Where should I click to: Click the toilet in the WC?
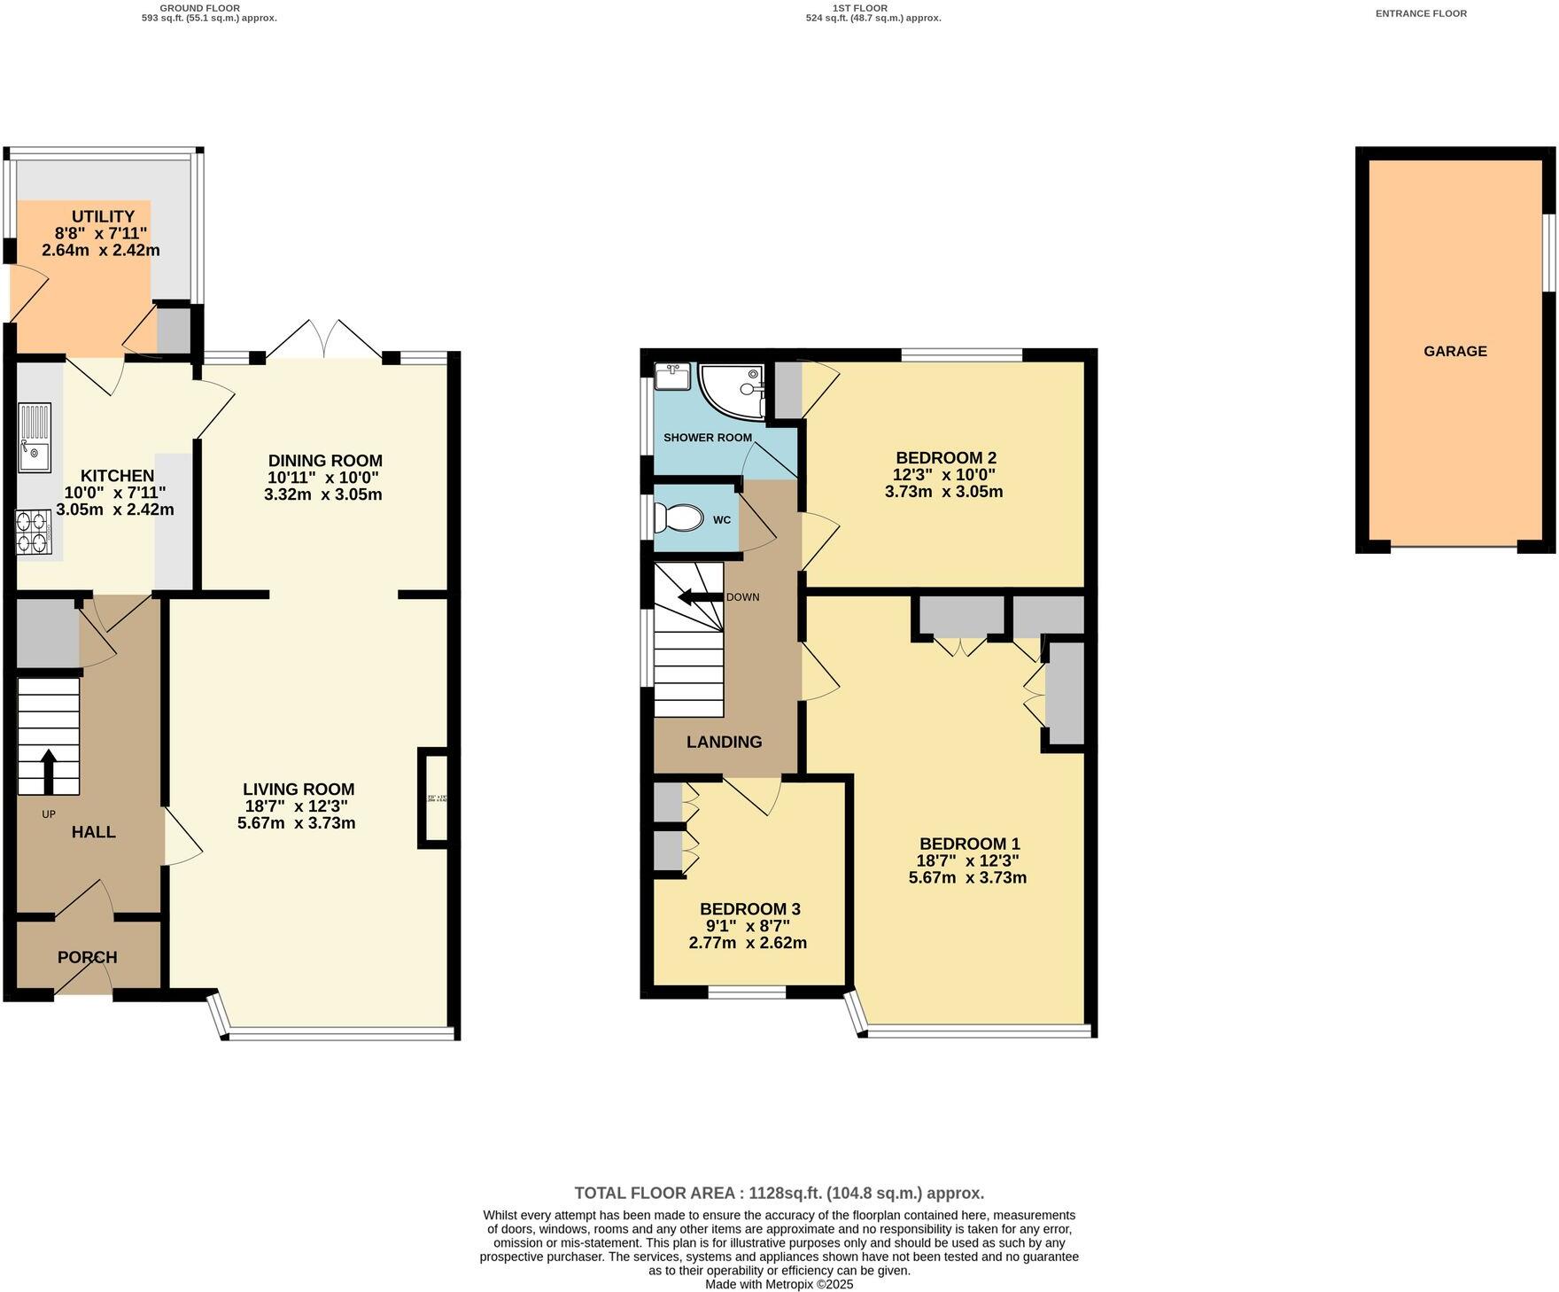coord(677,518)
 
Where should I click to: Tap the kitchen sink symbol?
coord(35,437)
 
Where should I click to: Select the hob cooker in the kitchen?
coord(33,533)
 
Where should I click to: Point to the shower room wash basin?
coord(671,377)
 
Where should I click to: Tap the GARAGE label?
coord(1454,351)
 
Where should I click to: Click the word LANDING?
coord(724,742)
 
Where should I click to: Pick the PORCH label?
coord(87,957)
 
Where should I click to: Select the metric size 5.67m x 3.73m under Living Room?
coord(296,823)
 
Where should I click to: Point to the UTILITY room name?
coord(103,216)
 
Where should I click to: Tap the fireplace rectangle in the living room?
coord(433,798)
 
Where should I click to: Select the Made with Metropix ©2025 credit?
coord(779,1284)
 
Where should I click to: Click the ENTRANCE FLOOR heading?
coord(1421,13)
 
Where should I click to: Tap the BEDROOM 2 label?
coord(945,458)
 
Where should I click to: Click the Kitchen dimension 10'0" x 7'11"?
coord(114,493)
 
